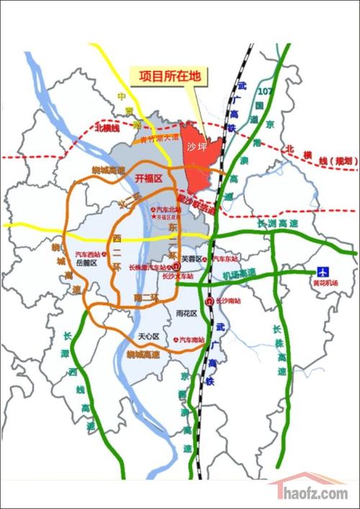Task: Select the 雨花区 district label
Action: tap(186, 312)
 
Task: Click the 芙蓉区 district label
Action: tap(192, 258)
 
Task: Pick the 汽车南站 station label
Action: tap(192, 339)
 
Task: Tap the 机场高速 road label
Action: tap(239, 274)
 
